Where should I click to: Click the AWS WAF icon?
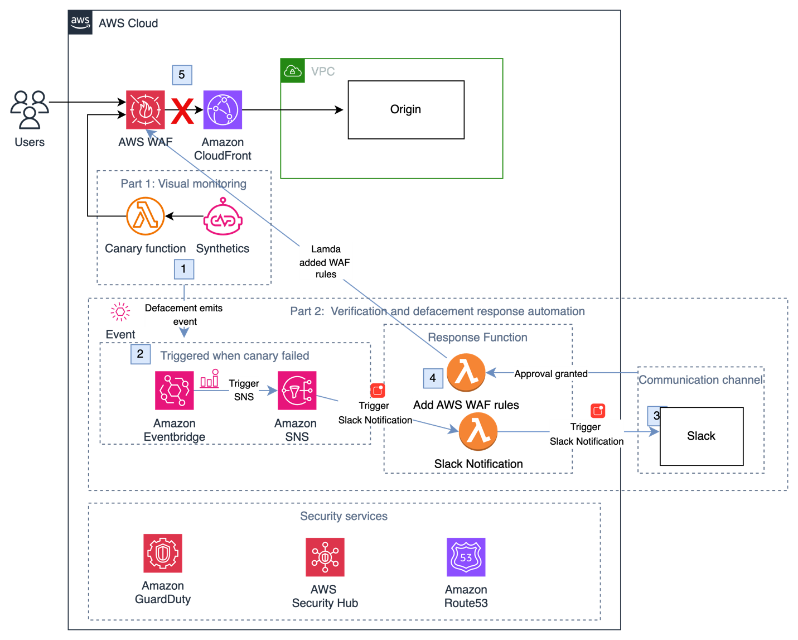145,110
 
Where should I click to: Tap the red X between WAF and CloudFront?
182,111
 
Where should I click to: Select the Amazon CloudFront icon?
223,110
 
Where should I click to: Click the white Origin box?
406,110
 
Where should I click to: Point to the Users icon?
30,109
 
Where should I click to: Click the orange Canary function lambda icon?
146,216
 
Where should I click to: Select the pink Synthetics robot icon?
223,217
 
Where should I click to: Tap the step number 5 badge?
182,75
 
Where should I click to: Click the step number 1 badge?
183,269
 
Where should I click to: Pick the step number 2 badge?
140,354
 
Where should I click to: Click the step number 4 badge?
433,378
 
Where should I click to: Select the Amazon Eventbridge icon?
175,391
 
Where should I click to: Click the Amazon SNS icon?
297,391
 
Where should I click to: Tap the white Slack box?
701,436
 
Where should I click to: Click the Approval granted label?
550,374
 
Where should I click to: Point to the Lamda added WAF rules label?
326,261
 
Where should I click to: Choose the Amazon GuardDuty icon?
163,553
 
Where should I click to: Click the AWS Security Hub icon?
325,557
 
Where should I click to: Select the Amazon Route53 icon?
466,557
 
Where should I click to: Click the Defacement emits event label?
185,315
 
